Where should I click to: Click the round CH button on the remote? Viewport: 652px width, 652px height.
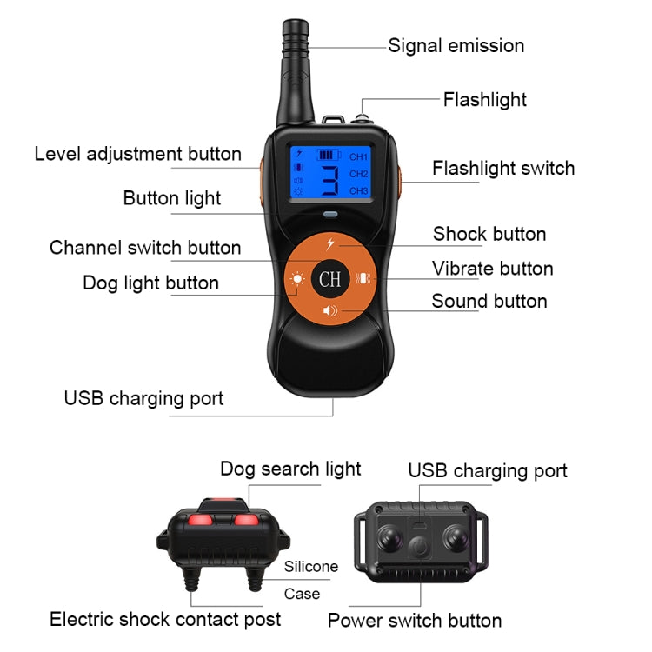pyautogui.click(x=329, y=278)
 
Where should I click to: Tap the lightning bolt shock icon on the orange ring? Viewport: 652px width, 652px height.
pyautogui.click(x=330, y=243)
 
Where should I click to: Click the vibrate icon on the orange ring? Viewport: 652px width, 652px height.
pyautogui.click(x=363, y=280)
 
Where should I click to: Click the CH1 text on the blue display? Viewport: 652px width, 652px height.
pyautogui.click(x=358, y=157)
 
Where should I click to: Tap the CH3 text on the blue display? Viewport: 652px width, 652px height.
pyautogui.click(x=358, y=190)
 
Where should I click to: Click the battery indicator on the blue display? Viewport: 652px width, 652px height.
pyautogui.click(x=327, y=155)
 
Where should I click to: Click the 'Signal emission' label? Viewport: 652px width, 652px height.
pyautogui.click(x=456, y=46)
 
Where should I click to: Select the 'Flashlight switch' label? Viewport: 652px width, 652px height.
pyautogui.click(x=503, y=168)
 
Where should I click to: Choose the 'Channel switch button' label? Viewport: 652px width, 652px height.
pyautogui.click(x=145, y=248)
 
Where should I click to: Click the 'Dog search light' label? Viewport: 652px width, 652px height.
pyautogui.click(x=290, y=469)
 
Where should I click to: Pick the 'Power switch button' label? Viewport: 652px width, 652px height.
pyautogui.click(x=414, y=621)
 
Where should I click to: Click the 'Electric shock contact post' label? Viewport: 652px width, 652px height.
pyautogui.click(x=165, y=619)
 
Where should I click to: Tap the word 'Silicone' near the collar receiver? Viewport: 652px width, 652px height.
pyautogui.click(x=310, y=567)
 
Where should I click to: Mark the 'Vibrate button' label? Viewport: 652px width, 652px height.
pyautogui.click(x=493, y=269)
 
